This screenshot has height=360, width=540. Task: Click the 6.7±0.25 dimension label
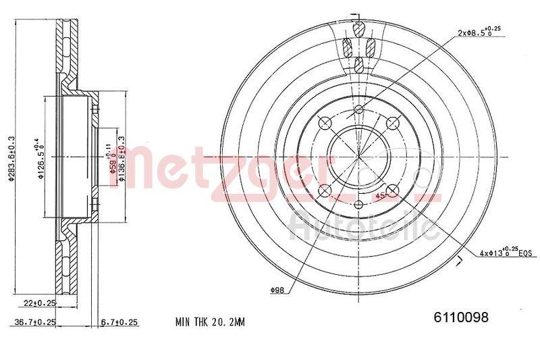[x=119, y=322]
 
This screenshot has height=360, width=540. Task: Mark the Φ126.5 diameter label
[x=40, y=159]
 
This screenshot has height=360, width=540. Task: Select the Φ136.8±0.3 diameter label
[x=122, y=156]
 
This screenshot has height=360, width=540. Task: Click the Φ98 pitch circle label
[x=276, y=290]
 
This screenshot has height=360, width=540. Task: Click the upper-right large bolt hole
[x=391, y=122]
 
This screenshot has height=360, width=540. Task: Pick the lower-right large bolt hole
[x=391, y=189]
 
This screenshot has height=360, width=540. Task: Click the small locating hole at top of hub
[x=358, y=109]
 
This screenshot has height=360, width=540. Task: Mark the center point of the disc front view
[x=358, y=155]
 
